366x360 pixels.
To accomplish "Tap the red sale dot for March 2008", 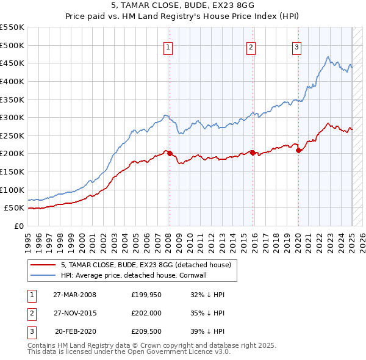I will point(170,153).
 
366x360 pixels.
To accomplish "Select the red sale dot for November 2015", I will point(253,153).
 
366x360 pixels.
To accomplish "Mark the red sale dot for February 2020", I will point(298,150).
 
